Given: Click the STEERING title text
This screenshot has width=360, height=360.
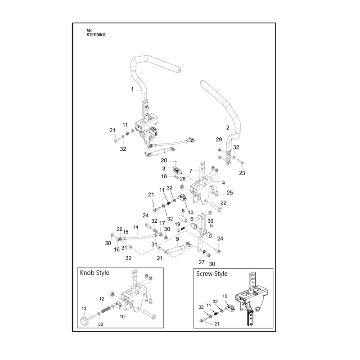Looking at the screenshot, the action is click(x=96, y=35).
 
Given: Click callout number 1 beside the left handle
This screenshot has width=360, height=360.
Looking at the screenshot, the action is click(x=132, y=89).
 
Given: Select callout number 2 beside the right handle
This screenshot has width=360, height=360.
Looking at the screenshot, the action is click(x=228, y=128).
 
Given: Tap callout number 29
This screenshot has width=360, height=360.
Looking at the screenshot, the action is click(x=219, y=139).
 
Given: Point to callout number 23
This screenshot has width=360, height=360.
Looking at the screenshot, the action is click(x=242, y=173).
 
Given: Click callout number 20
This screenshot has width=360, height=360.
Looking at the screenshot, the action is click(x=164, y=160).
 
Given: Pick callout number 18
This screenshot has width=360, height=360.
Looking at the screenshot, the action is click(x=164, y=176).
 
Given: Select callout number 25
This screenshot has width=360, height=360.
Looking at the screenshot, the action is click(x=229, y=193).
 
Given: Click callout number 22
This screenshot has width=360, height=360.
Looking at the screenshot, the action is click(x=223, y=202).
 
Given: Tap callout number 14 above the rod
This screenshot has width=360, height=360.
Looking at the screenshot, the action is click(x=136, y=227).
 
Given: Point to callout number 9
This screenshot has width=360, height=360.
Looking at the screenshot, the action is click(x=177, y=239).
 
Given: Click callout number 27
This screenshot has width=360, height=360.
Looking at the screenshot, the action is click(x=201, y=262).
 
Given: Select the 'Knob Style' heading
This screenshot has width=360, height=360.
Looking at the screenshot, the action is click(x=94, y=273).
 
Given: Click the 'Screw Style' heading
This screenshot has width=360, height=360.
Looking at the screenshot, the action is click(x=211, y=274).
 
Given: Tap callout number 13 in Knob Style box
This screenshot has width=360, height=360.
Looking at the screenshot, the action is click(x=84, y=308).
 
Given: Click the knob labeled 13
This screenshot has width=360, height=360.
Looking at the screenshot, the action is click(x=85, y=320).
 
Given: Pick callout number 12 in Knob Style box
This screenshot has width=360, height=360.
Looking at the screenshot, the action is click(x=102, y=299).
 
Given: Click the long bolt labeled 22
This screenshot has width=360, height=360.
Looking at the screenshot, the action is click(x=216, y=207).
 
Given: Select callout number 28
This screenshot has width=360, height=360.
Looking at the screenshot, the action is click(x=183, y=179).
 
